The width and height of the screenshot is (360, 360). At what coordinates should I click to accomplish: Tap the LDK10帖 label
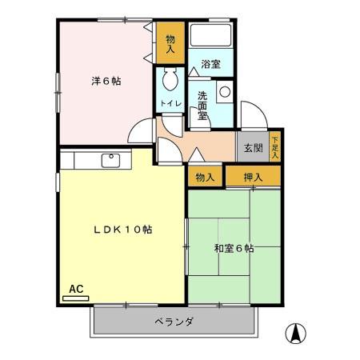(x=122, y=230)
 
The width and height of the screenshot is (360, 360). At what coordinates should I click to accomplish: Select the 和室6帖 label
(x=234, y=249)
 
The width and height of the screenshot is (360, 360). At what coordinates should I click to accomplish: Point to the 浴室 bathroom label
(x=210, y=64)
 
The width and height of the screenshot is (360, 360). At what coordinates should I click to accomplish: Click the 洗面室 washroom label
(x=203, y=104)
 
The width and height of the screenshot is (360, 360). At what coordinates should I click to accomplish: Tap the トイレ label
(x=169, y=104)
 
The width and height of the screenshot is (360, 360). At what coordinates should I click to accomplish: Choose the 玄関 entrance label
(x=253, y=148)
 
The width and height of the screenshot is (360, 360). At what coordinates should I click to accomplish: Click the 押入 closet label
(x=253, y=176)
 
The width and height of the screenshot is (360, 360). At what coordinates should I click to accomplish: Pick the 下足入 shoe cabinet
(x=275, y=146)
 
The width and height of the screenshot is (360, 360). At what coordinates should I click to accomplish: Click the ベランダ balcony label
(x=174, y=322)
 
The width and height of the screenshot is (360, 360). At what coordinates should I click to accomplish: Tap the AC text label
(x=76, y=288)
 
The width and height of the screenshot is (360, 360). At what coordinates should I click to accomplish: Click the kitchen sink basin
(x=110, y=160)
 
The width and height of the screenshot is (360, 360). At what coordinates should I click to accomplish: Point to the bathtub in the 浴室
(x=211, y=37)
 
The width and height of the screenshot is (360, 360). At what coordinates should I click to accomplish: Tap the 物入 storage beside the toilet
(x=170, y=43)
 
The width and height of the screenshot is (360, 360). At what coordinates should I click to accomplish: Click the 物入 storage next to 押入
(x=205, y=176)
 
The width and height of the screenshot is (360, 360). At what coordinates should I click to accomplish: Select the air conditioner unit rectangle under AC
(x=76, y=298)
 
